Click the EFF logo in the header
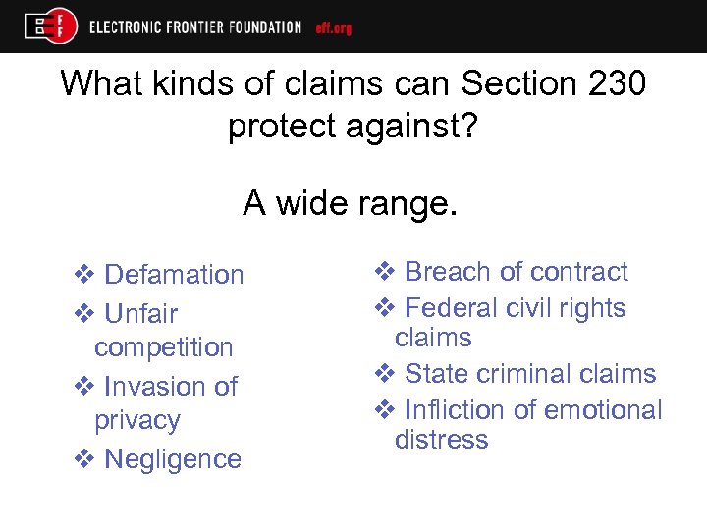51,26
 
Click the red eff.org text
333,27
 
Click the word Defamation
174,275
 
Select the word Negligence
173,459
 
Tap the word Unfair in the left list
140,314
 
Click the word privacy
137,420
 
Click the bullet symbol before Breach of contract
385,272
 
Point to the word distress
441,439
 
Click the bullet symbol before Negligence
84,459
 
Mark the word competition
164,347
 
